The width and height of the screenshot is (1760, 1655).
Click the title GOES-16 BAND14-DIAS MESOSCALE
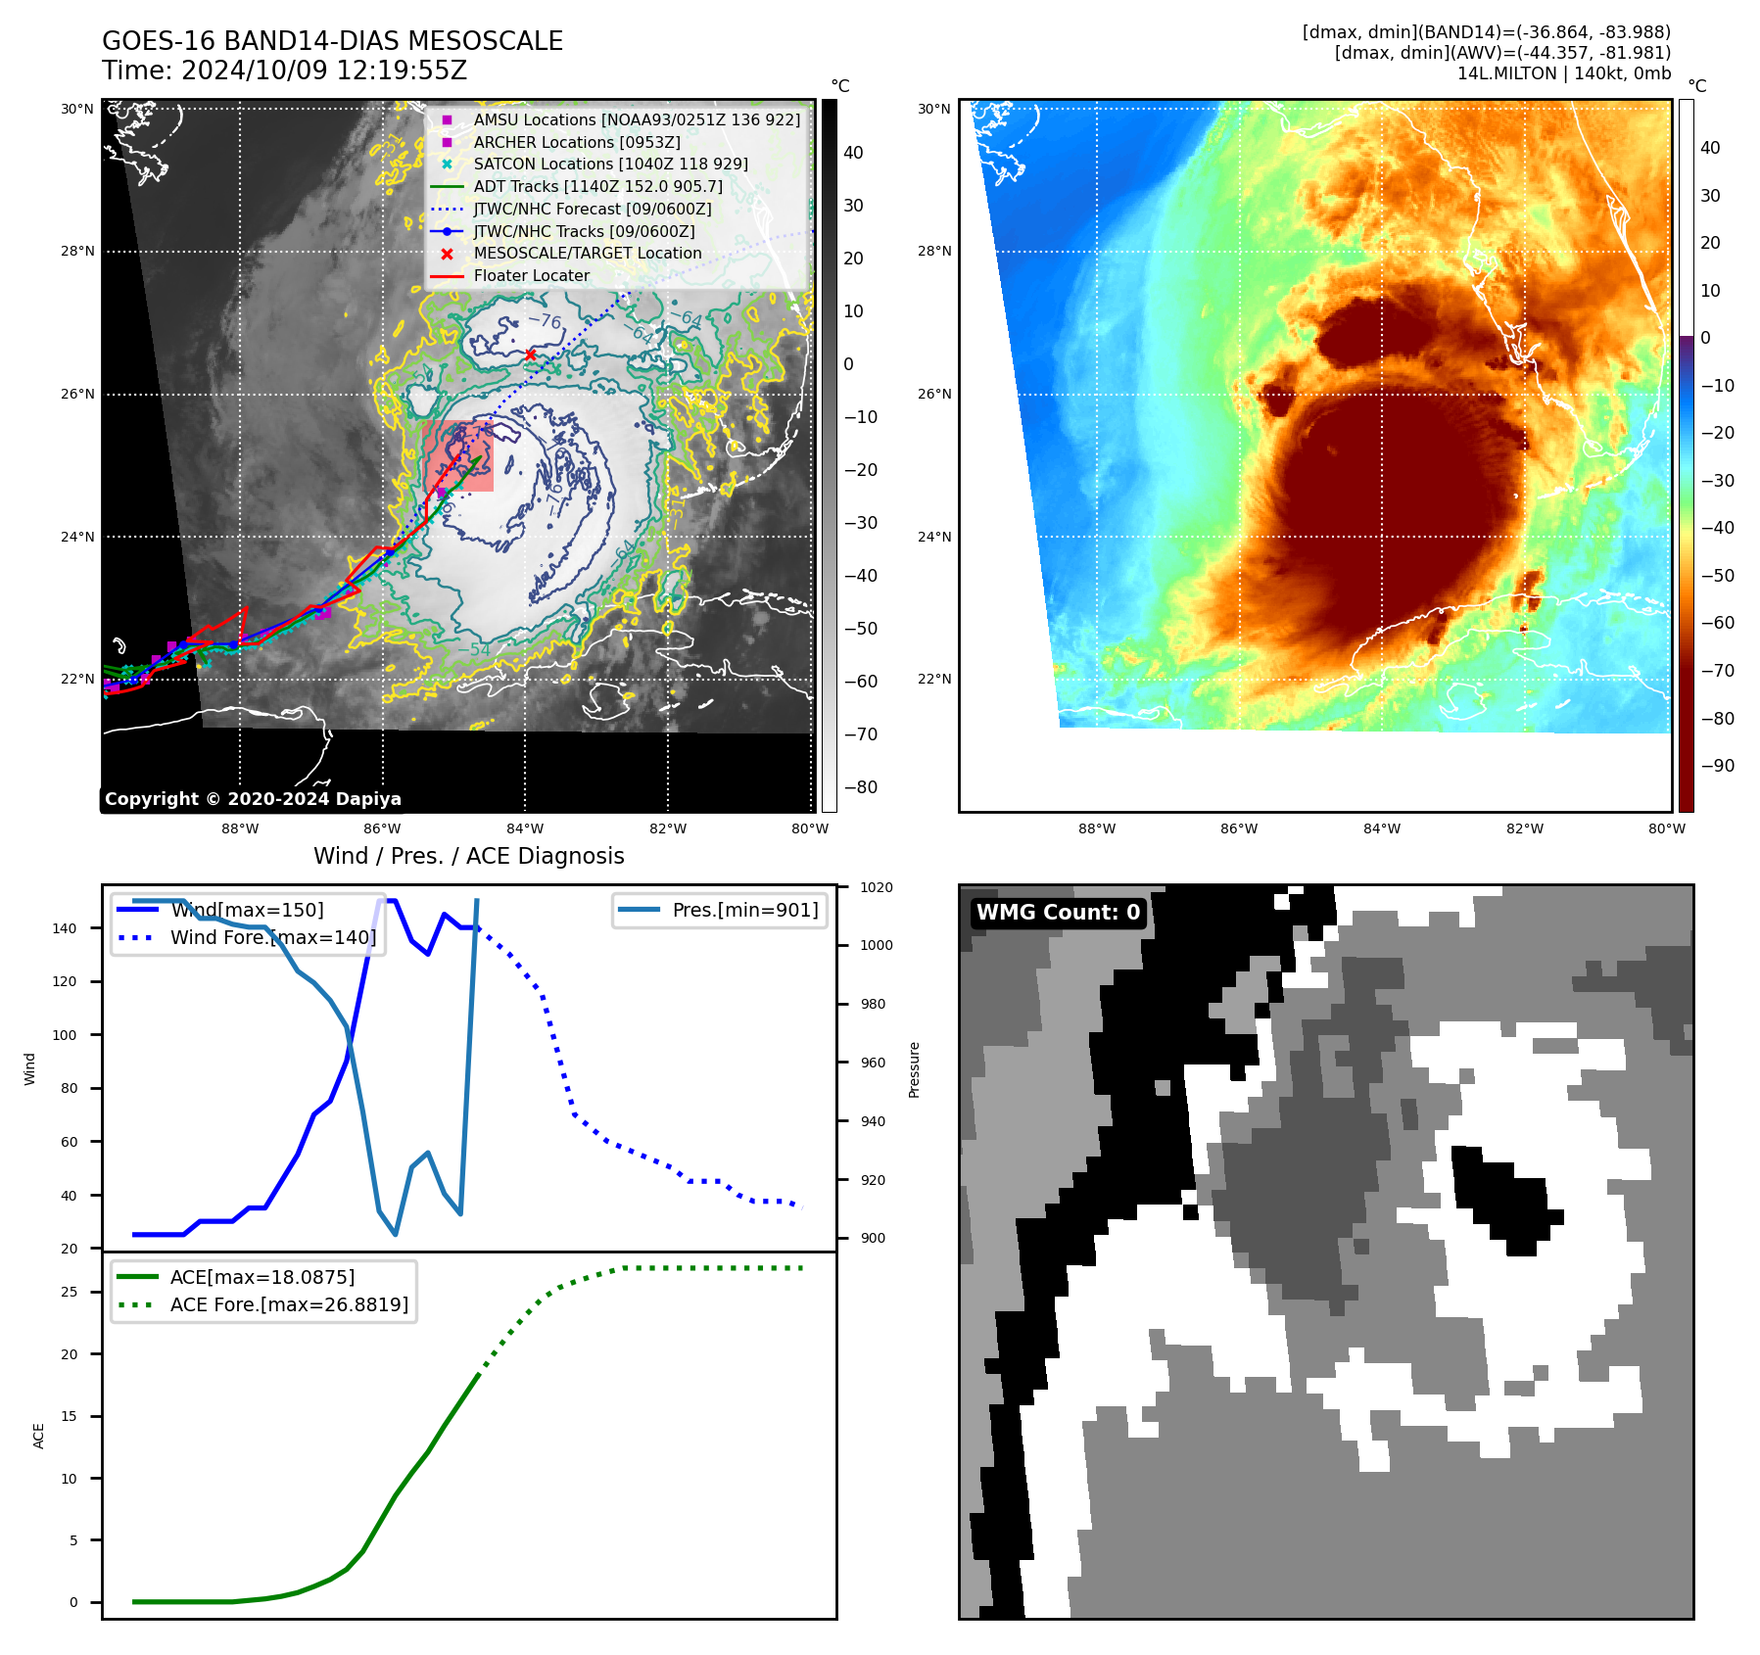(332, 41)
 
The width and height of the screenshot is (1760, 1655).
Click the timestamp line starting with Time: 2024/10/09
(284, 71)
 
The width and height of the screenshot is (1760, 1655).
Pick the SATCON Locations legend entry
(610, 165)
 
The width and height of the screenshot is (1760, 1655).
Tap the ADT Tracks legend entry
(597, 186)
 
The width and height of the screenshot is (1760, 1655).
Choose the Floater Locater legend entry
(531, 276)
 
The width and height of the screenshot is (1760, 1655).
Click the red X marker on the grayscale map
(530, 355)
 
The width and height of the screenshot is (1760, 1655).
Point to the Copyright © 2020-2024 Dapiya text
(253, 799)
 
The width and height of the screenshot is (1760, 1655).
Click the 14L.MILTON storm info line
(1563, 73)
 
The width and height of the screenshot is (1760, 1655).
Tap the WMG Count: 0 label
(1058, 913)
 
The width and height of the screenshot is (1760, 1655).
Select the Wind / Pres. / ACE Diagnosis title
(468, 856)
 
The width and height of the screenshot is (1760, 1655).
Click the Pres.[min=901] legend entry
(744, 910)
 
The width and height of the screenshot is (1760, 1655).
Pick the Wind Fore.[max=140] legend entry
(272, 937)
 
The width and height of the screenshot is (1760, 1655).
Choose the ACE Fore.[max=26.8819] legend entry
(289, 1304)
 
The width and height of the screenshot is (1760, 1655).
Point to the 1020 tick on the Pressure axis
(877, 887)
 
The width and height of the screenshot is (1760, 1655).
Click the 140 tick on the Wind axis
(64, 928)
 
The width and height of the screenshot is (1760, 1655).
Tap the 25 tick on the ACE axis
(69, 1292)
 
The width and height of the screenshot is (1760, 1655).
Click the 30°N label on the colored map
(933, 109)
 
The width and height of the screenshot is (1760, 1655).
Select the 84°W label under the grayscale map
(525, 828)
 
